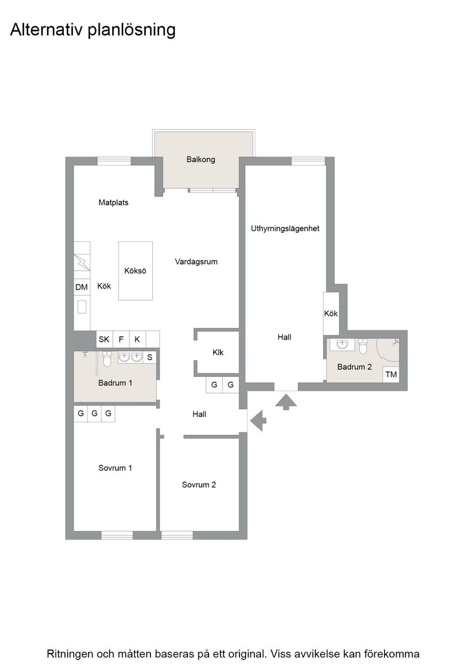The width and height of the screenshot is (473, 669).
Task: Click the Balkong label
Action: (201, 159)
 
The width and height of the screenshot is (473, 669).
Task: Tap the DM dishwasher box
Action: (81, 287)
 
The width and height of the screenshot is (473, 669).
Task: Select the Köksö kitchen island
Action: (136, 271)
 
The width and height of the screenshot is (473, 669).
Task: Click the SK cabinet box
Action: (104, 339)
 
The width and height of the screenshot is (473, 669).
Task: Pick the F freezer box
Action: (121, 339)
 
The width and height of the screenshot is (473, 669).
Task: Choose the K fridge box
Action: (137, 339)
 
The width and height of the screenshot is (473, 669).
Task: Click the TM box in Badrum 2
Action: (391, 374)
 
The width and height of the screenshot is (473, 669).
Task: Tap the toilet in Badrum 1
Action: (107, 359)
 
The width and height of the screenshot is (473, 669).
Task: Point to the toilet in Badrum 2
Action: (363, 346)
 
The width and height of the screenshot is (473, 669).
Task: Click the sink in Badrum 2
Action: (342, 344)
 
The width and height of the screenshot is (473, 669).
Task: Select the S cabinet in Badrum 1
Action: (150, 357)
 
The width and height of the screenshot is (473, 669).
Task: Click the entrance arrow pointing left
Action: (258, 421)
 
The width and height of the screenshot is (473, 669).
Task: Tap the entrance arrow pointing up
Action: (285, 402)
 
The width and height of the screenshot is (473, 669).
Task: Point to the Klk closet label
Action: (218, 352)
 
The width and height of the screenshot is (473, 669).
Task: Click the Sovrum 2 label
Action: (199, 484)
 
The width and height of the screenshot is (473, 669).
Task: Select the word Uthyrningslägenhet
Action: (285, 229)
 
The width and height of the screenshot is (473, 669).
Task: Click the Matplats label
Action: (113, 202)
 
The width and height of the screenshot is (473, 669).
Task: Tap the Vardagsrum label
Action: (196, 262)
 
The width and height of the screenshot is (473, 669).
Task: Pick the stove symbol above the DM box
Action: (82, 262)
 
